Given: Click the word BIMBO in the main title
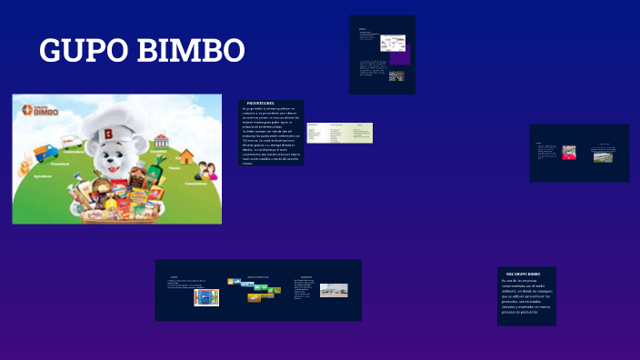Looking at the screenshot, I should pyautogui.click(x=191, y=51).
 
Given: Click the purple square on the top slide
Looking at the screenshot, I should pyautogui.click(x=396, y=57).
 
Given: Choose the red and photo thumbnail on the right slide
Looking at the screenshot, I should pyautogui.click(x=569, y=152).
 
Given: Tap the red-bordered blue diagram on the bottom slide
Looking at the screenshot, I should pyautogui.click(x=205, y=297).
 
